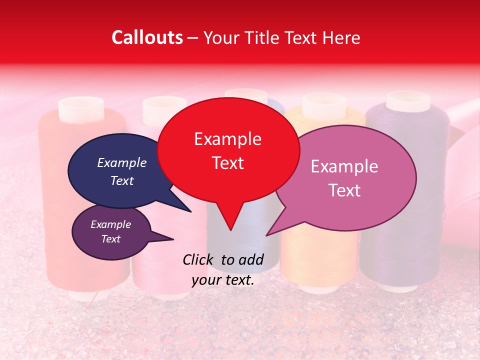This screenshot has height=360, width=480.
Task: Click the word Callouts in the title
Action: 147,37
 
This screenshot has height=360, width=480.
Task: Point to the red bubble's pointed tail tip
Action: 230,230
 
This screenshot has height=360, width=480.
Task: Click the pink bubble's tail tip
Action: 267,235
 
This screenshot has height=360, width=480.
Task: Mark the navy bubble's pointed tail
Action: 190,211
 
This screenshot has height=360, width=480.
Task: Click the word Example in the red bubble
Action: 227,139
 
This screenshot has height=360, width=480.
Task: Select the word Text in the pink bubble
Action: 344,190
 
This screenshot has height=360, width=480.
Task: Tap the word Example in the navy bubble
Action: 121,162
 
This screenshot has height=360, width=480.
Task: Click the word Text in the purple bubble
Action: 111,239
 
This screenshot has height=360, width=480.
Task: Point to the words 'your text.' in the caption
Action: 223,280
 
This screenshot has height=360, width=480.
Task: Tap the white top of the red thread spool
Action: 81,107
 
